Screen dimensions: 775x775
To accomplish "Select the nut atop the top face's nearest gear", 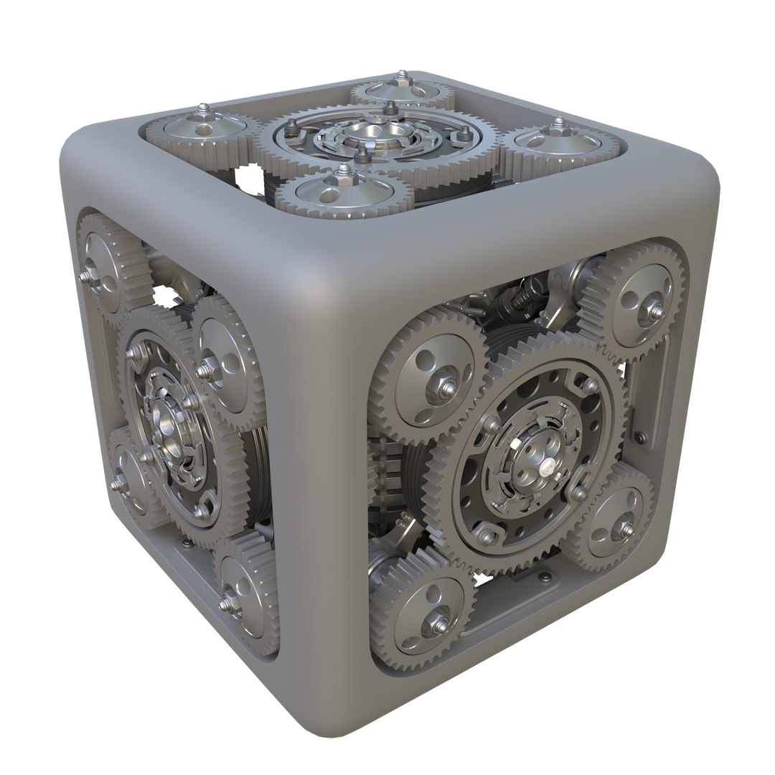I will (x=345, y=172).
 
